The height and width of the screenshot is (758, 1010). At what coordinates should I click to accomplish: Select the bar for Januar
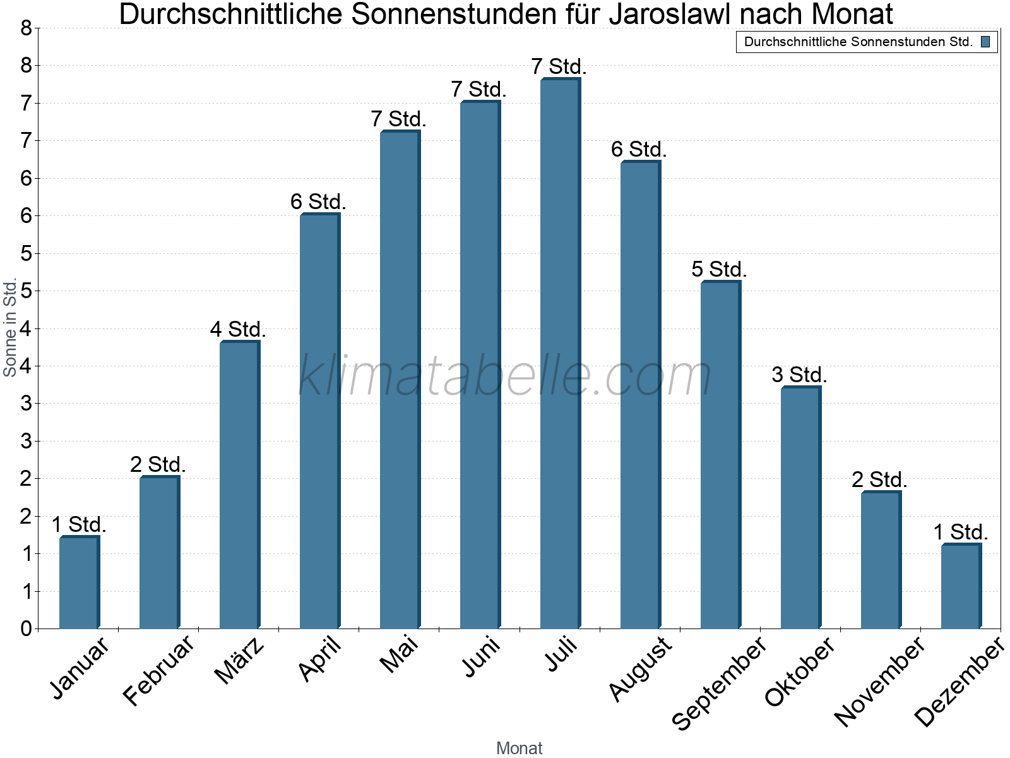point(79,582)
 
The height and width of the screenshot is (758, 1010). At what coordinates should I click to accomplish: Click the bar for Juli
point(560,354)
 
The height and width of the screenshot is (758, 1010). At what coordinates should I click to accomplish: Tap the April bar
point(319,421)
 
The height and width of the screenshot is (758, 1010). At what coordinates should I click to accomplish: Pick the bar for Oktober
point(800,508)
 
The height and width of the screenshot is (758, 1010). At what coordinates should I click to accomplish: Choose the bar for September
point(720,455)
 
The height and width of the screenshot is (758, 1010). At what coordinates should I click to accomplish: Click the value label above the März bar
point(238,329)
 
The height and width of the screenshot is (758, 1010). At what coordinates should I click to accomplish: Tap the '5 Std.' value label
point(719,269)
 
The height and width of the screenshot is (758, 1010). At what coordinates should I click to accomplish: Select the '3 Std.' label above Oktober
point(799,375)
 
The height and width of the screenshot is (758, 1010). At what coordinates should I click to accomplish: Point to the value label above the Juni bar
point(478,90)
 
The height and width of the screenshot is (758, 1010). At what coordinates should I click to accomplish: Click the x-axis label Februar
point(158,671)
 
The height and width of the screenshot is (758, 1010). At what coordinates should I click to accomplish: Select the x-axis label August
point(640,668)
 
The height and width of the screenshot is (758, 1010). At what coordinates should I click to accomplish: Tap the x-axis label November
point(879,681)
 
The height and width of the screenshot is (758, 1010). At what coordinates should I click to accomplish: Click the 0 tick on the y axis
point(26,629)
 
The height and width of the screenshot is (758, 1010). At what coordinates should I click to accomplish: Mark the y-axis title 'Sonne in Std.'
point(10,328)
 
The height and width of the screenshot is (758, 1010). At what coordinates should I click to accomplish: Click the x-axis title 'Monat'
point(519,748)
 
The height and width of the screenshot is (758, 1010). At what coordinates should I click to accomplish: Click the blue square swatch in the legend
point(985,42)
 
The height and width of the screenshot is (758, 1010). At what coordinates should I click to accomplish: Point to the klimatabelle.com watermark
point(505,376)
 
